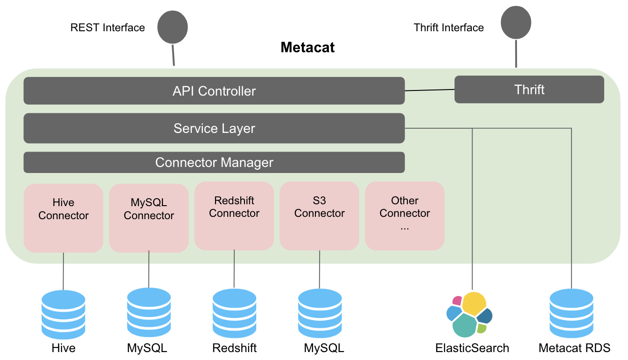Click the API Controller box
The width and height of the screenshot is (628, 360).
click(x=214, y=90)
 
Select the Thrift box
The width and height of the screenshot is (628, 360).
click(x=529, y=90)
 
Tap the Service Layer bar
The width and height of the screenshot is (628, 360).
click(x=214, y=128)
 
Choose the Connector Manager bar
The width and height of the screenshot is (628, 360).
click(x=214, y=162)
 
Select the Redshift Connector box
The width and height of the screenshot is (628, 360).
click(x=234, y=216)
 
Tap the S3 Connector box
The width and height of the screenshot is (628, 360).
click(x=320, y=216)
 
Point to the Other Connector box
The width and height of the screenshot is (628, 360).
click(x=405, y=216)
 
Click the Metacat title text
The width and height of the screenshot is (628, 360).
click(x=307, y=47)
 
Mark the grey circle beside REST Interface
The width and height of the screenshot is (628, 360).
click(x=173, y=28)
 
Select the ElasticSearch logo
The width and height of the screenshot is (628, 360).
click(x=469, y=315)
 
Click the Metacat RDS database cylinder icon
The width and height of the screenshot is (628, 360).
click(x=572, y=315)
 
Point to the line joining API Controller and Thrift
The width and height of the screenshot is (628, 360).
click(x=429, y=90)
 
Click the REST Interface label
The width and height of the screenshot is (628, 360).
click(x=108, y=28)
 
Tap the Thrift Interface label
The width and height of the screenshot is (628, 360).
click(x=449, y=28)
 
